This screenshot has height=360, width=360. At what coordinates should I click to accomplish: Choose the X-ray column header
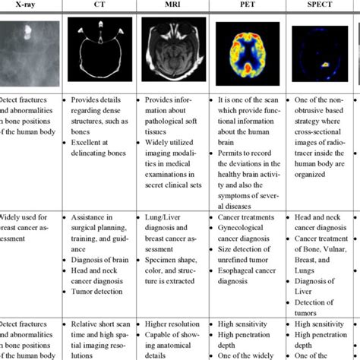click(27, 5)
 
